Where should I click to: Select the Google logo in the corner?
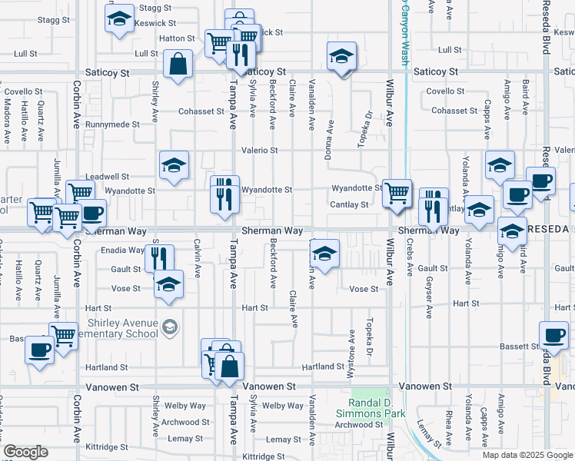click(25, 452)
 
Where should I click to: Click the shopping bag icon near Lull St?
click(178, 65)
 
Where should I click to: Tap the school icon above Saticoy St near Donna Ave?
click(341, 58)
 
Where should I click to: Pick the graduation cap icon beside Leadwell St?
click(174, 165)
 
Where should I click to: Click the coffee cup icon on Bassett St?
click(553, 336)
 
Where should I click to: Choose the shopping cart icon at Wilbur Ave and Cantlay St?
click(397, 193)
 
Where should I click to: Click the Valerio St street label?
click(259, 151)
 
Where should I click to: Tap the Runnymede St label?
click(112, 124)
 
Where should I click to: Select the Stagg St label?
click(156, 7)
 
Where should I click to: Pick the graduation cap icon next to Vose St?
click(168, 285)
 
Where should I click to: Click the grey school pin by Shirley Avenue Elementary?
click(169, 328)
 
